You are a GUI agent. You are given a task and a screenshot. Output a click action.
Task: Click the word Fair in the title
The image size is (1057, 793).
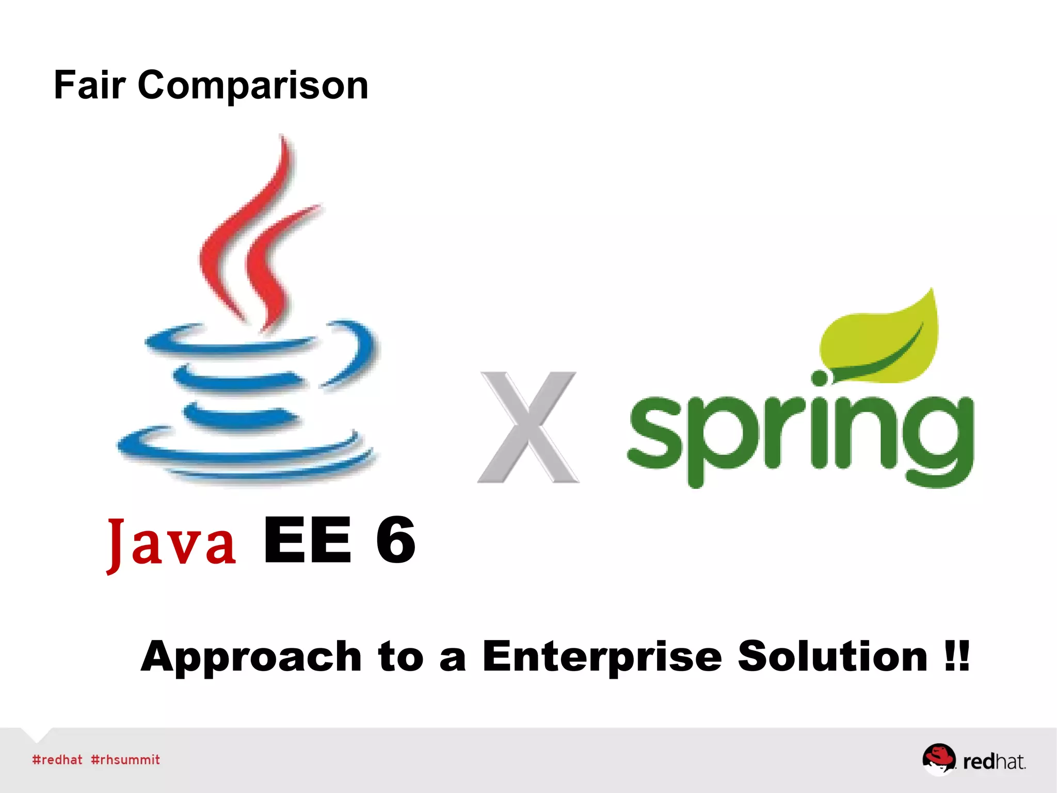point(89,85)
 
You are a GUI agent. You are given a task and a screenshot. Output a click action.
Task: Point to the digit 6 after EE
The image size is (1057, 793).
point(395,541)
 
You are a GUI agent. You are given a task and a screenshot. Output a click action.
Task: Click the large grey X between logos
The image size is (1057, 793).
point(528,427)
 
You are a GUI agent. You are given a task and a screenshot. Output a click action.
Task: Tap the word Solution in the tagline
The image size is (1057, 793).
point(832,656)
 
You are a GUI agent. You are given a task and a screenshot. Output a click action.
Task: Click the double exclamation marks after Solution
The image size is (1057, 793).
point(958,655)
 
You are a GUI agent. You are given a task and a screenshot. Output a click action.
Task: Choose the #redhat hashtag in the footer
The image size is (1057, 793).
point(57,760)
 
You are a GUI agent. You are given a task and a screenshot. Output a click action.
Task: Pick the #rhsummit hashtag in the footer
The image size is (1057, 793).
point(125,760)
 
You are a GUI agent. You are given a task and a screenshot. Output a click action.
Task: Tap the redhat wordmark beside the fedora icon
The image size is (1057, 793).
point(994,762)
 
